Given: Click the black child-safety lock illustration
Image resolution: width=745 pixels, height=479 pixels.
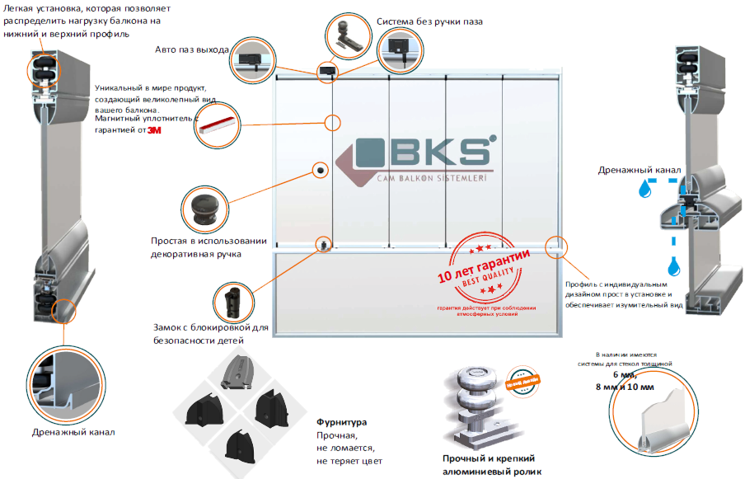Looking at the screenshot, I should (x=230, y=302).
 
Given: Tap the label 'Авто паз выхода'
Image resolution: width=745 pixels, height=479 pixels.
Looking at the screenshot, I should (x=192, y=49).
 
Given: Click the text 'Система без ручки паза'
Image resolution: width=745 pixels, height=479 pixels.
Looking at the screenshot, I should (x=429, y=21).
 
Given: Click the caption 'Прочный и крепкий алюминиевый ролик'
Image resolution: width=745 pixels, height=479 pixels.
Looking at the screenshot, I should (x=489, y=464).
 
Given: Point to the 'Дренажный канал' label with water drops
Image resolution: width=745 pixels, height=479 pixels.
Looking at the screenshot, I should (x=639, y=171).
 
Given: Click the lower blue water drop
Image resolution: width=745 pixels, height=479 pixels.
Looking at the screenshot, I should (x=675, y=265).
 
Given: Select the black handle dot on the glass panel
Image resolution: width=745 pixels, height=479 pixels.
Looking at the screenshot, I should (x=320, y=170).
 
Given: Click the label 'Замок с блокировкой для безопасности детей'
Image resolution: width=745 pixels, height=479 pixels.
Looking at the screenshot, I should (x=210, y=333).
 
